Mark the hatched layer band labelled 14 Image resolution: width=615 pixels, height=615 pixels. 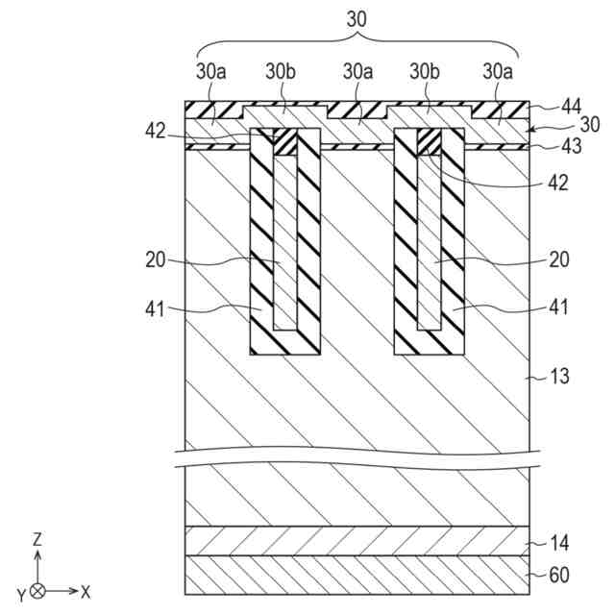click(356, 541)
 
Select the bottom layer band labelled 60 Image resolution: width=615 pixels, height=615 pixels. click(356, 576)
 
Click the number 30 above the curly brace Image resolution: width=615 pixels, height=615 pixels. click(357, 17)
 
